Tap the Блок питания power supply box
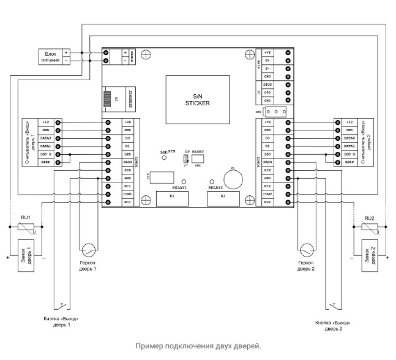(48, 57)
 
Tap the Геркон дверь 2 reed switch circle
(306, 250)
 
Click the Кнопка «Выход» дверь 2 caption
(334, 323)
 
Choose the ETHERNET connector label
(128, 99)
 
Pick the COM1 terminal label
(128, 193)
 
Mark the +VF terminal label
(267, 54)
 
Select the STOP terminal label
(267, 84)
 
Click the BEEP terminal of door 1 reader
(46, 162)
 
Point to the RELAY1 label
(180, 187)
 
